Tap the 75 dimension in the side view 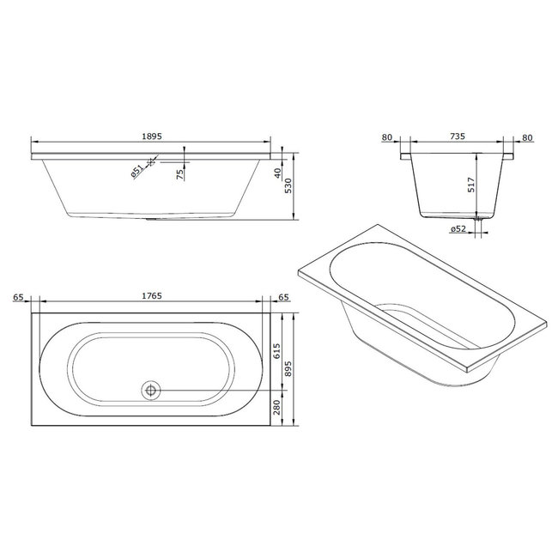(x=179, y=174)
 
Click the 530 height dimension (x=290, y=187)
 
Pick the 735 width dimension (x=457, y=136)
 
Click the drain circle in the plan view (x=151, y=390)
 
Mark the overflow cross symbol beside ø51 (x=152, y=161)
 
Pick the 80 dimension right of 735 (x=527, y=136)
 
